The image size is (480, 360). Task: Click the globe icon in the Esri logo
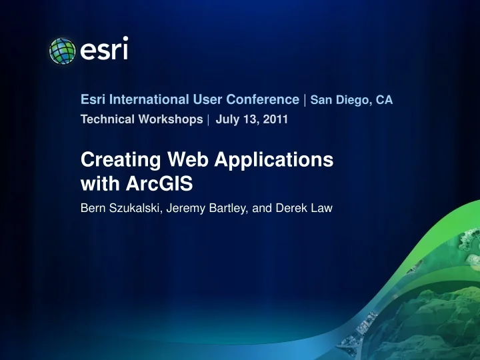pos(63,51)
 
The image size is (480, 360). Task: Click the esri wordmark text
pos(103,50)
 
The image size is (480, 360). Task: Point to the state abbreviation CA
pos(384,101)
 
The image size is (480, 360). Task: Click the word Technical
pos(105,120)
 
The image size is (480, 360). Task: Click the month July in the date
pos(227,120)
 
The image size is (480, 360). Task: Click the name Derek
pos(295,209)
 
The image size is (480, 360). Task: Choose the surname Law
pos(323,209)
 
